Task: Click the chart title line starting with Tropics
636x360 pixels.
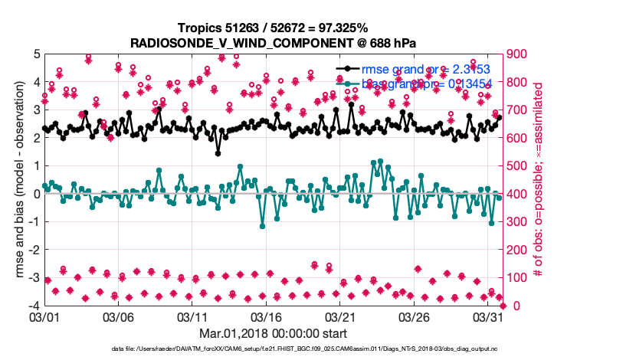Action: [273, 28]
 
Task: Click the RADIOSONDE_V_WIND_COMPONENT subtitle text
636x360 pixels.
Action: [273, 41]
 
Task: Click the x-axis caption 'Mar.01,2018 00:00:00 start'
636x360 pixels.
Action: [273, 333]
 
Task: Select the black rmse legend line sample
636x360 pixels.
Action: [348, 70]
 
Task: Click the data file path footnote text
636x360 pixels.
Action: [304, 349]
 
